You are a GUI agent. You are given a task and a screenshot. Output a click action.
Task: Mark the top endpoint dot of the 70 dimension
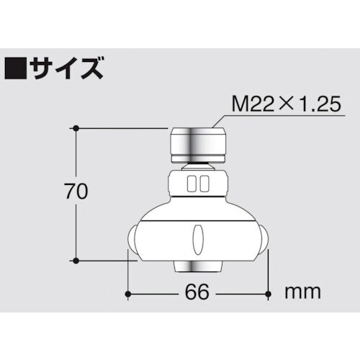pyautogui.click(x=74, y=128)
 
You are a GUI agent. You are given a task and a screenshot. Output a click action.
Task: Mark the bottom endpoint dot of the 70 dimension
pyautogui.click(x=74, y=259)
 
